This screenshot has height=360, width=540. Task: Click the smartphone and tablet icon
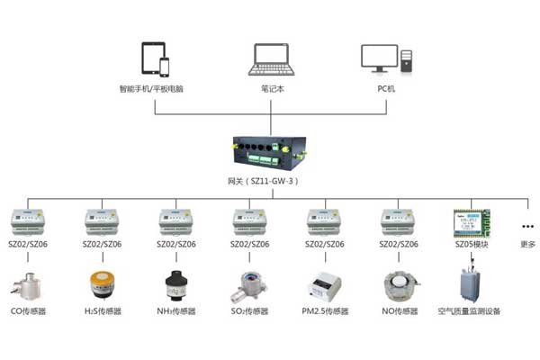point(155,59)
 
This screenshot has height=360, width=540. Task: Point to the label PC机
point(385,89)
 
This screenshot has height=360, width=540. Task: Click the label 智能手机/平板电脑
point(155,89)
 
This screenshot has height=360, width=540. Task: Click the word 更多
point(527,244)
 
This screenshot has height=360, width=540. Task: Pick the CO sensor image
point(27,284)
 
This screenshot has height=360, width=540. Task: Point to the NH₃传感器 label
point(175,311)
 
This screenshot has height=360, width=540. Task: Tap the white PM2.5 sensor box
point(323,286)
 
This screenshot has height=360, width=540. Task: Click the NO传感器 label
point(399,311)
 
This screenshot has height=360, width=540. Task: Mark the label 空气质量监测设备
point(469,311)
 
